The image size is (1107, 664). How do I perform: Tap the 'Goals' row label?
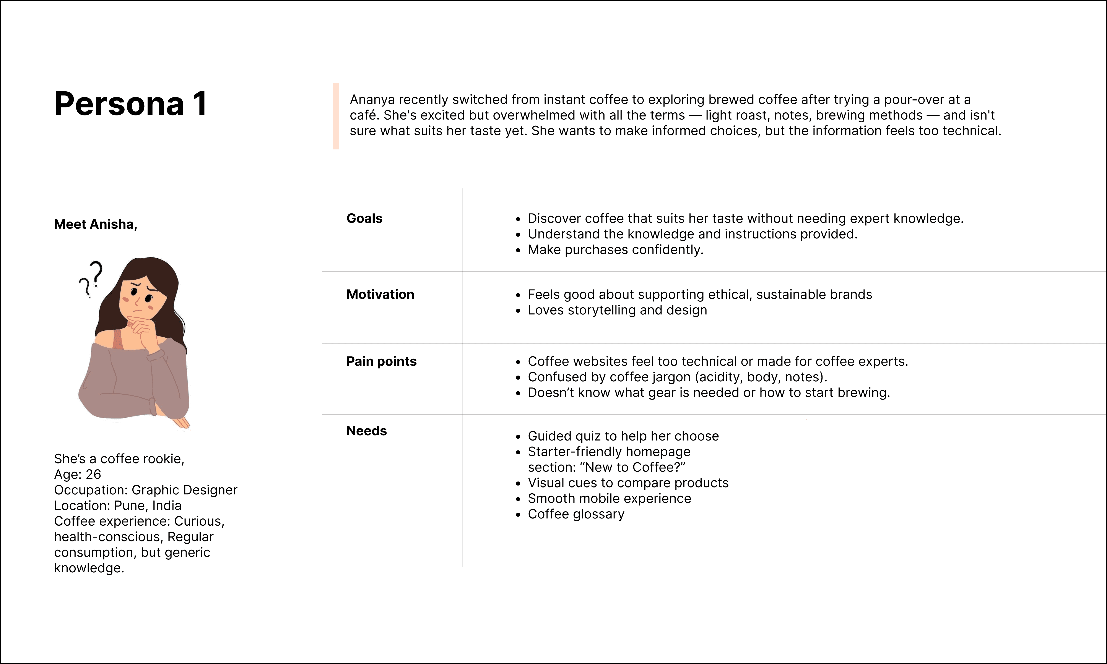364,218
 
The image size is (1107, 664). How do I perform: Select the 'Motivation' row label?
380,294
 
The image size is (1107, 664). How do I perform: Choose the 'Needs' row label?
367,431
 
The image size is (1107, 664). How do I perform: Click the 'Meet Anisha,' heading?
95,224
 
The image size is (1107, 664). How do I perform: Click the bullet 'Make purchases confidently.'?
616,250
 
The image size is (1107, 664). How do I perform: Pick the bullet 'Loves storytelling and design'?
617,310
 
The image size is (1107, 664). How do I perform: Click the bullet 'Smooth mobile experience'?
609,499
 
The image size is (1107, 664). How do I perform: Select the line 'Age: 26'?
77,474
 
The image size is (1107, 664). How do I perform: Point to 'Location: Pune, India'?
118,506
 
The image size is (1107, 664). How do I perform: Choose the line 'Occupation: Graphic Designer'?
145,490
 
